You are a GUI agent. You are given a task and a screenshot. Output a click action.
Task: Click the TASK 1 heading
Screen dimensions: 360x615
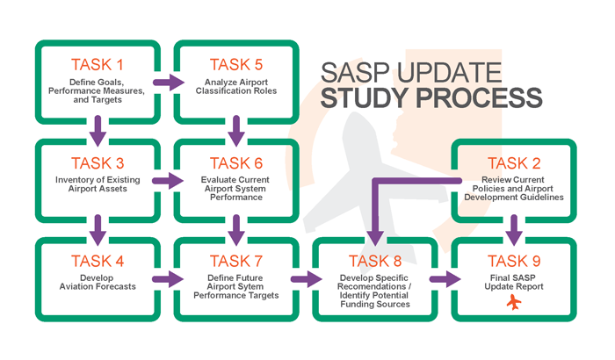[97, 64]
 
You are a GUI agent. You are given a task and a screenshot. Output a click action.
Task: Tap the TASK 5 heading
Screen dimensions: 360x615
[235, 64]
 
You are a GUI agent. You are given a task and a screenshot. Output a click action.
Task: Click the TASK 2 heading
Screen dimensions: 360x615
[515, 162]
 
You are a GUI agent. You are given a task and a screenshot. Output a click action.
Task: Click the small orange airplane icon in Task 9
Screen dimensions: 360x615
[515, 303]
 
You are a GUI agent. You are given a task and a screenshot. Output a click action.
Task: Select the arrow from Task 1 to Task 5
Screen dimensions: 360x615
[165, 84]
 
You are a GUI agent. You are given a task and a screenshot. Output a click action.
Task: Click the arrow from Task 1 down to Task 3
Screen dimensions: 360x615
[97, 133]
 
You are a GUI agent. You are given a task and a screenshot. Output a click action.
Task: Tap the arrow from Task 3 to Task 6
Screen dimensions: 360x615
[165, 182]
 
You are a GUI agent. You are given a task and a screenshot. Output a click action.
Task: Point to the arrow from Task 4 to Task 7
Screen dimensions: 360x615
[165, 280]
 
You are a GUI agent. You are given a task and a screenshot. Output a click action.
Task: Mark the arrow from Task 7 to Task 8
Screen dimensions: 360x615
[304, 280]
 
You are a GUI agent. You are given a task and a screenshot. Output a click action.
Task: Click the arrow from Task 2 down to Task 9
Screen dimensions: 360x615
[515, 231]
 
